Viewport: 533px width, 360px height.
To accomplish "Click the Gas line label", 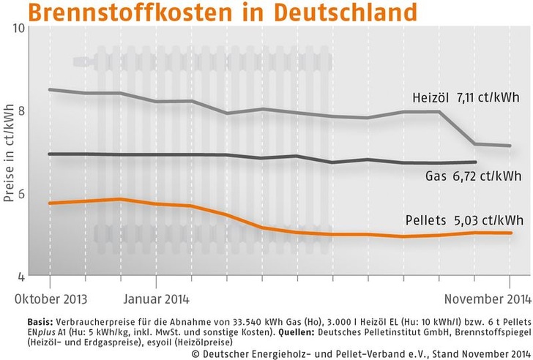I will click(435, 176).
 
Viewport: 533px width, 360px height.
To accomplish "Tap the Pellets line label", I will click(426, 220).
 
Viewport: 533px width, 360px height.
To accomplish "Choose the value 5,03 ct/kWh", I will click(485, 220).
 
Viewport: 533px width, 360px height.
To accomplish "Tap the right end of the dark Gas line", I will click(476, 162).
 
